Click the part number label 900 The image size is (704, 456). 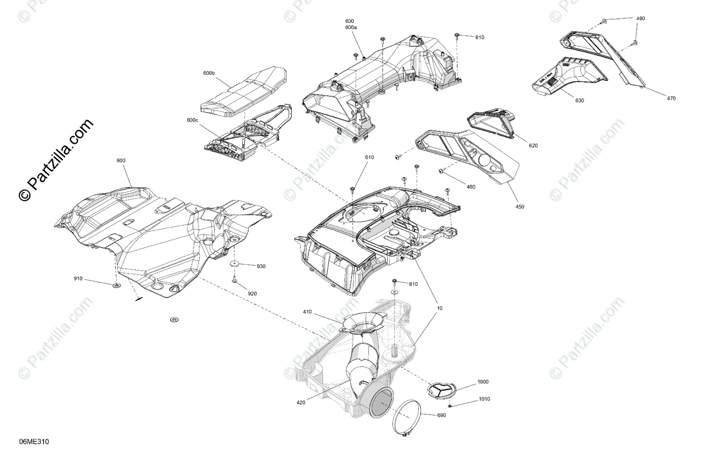[x=121, y=160]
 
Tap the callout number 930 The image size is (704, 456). [x=261, y=266]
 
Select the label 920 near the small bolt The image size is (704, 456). [x=252, y=293]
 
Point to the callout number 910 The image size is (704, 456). [x=78, y=278]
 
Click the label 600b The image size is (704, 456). [x=209, y=73]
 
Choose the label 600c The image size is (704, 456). [x=192, y=120]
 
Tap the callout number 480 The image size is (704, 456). [x=641, y=18]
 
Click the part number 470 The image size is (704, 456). [x=671, y=98]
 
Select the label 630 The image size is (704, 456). [x=580, y=100]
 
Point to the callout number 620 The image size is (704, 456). [x=533, y=145]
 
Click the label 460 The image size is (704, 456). [x=471, y=187]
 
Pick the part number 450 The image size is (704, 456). [x=520, y=207]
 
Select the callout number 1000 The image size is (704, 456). [x=482, y=381]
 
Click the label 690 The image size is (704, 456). [x=442, y=416]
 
